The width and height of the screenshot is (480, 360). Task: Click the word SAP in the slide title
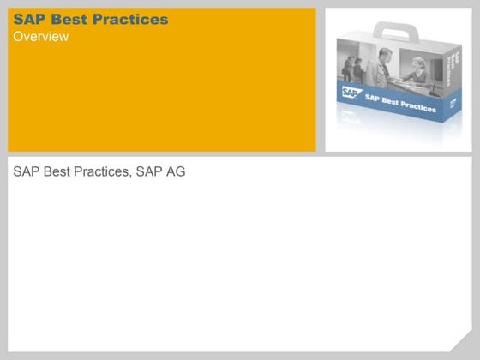click(x=28, y=20)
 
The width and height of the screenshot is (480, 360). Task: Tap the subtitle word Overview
click(x=40, y=37)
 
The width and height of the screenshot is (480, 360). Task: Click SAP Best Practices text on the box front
click(x=400, y=102)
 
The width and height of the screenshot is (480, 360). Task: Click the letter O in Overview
click(x=18, y=37)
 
